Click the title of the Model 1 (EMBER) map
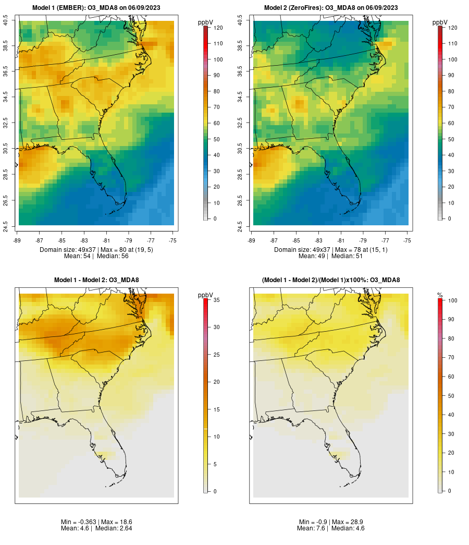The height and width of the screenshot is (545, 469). coord(96,8)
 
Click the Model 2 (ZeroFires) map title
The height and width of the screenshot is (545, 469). coord(331,8)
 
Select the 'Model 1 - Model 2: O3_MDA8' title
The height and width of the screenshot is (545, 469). coord(96,280)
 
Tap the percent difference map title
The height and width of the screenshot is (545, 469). coord(331,280)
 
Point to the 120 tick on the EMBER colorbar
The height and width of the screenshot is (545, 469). coord(218,28)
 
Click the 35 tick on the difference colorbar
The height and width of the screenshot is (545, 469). coord(216,300)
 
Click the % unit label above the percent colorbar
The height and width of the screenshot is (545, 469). coord(440,295)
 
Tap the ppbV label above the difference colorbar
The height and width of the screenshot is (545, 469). coord(206,295)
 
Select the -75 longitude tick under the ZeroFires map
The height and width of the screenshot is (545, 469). coord(407,240)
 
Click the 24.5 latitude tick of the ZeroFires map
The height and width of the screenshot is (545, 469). coord(240,225)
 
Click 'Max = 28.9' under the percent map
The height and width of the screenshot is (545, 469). coord(350,522)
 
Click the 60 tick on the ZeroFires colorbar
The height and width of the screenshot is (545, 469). coord(452,123)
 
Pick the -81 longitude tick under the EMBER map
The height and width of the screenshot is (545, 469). coord(106,240)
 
